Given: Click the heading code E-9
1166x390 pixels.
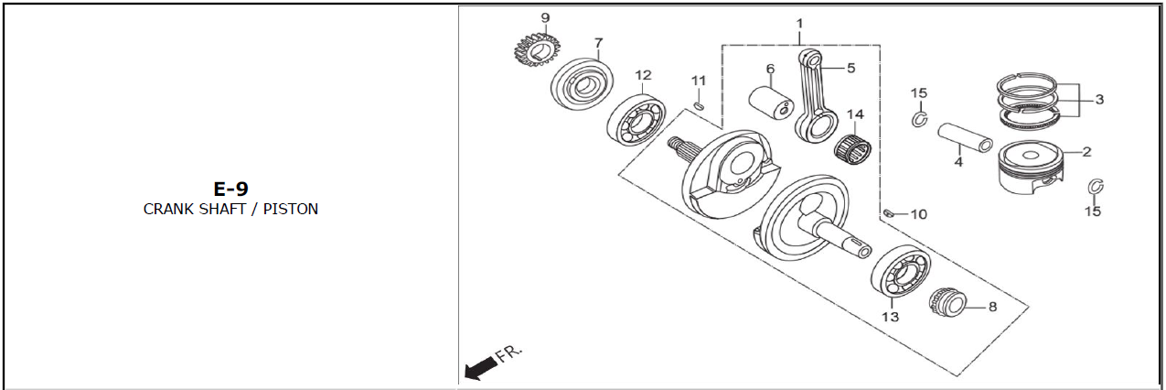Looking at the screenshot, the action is pyautogui.click(x=230, y=189).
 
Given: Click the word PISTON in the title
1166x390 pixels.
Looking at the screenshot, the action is pyautogui.click(x=290, y=209).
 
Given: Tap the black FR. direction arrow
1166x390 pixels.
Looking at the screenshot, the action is pyautogui.click(x=480, y=368).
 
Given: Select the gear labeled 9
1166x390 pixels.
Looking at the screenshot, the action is pyautogui.click(x=532, y=49).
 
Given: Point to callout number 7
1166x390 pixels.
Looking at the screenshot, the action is pyautogui.click(x=599, y=43).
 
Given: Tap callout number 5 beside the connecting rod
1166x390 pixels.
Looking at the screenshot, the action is pyautogui.click(x=851, y=68).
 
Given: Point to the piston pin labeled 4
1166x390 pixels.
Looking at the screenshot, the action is pyautogui.click(x=965, y=137).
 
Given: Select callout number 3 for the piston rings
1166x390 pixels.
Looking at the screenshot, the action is pyautogui.click(x=1099, y=99).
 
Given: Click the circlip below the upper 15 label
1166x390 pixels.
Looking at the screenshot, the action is pyautogui.click(x=920, y=119).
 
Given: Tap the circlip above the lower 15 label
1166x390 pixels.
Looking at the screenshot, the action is pyautogui.click(x=1096, y=186).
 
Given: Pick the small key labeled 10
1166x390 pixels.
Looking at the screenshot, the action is pyautogui.click(x=889, y=212).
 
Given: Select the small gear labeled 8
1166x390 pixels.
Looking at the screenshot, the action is pyautogui.click(x=947, y=302).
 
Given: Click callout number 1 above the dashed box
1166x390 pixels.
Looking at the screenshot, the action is pyautogui.click(x=799, y=24).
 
